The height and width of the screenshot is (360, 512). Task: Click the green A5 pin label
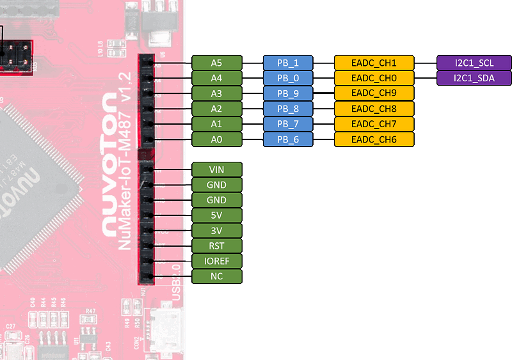pos(217,63)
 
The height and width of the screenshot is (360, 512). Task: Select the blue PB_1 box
pos(288,63)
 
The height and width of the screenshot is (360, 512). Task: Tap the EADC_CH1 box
pos(374,63)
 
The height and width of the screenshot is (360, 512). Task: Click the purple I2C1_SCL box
pos(474,63)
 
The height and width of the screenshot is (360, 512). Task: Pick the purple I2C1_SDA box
pos(474,78)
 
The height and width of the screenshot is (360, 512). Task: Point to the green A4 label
pos(217,78)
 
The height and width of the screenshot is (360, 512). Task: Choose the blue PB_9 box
pos(288,93)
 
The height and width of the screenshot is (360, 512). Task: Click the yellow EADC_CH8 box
pos(374,109)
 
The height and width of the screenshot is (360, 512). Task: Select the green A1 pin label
pos(217,124)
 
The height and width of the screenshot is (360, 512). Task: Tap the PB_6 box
pos(288,139)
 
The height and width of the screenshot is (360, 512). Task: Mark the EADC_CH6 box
pos(374,139)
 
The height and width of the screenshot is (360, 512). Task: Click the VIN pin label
pos(217,169)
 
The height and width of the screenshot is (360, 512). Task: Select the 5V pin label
pos(217,215)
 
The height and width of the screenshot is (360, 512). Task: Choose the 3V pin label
pos(217,231)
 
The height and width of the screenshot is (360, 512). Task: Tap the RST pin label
pos(217,246)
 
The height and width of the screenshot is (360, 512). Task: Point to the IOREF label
pos(217,262)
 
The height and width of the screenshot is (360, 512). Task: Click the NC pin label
pos(217,277)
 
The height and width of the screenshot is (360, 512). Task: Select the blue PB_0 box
pos(288,78)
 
